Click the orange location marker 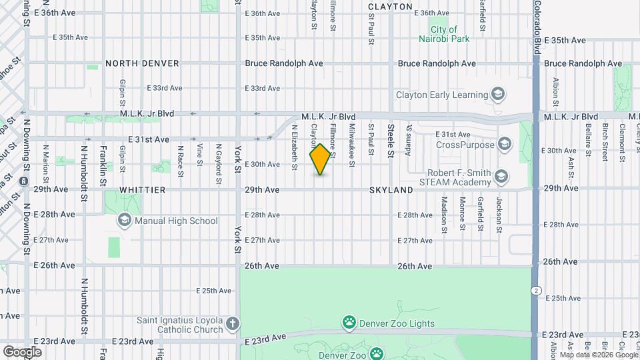(x=321, y=159)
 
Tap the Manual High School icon (x=124, y=221)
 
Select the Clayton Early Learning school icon (x=497, y=95)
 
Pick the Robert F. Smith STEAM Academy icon (x=501, y=177)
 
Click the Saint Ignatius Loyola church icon (x=232, y=325)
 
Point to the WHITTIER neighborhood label (x=142, y=190)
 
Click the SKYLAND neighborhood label (x=391, y=190)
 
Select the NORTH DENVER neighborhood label (x=142, y=63)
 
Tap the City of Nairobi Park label (x=449, y=34)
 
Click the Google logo (x=22, y=351)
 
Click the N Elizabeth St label (x=294, y=147)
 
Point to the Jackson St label (x=499, y=215)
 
